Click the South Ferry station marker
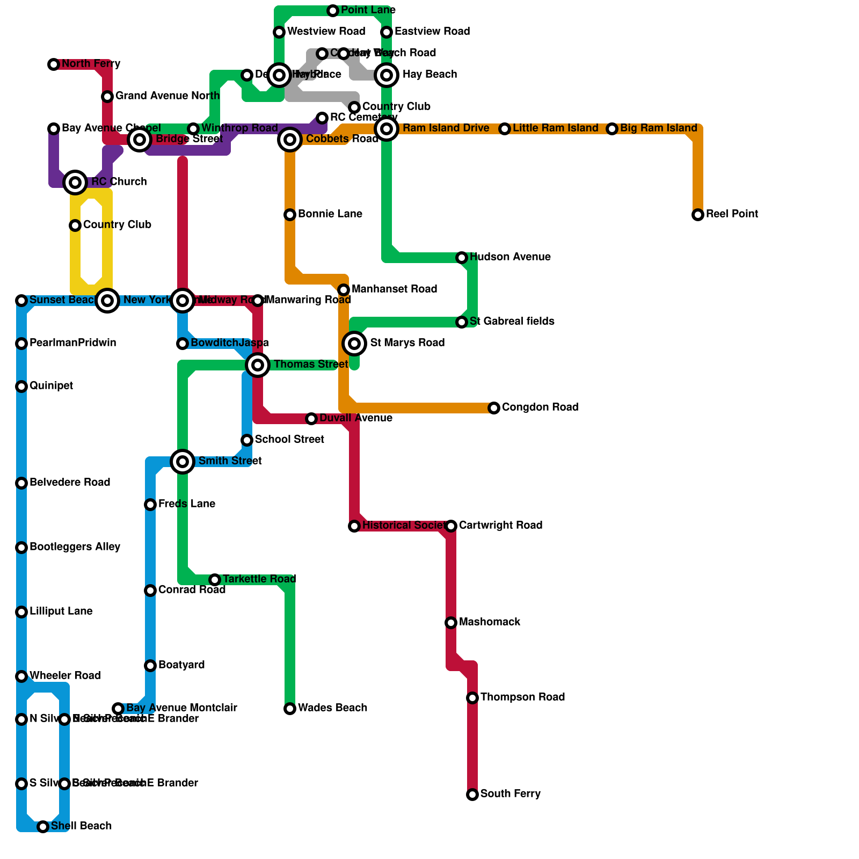pos(472,795)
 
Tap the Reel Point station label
pos(732,214)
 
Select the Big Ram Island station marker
pos(612,129)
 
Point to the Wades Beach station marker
pos(290,709)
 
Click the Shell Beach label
pos(81,826)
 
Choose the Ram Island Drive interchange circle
pos(387,129)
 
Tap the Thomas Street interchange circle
pos(258,365)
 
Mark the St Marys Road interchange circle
pos(354,344)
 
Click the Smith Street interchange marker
pos(183,462)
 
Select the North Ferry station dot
pos(54,64)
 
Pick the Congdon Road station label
pos(540,407)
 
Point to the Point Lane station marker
pos(333,11)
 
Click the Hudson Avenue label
pos(509,257)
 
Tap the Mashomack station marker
pos(451,623)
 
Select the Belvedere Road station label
pos(70,483)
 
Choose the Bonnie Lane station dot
pos(290,215)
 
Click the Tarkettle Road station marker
pos(215,580)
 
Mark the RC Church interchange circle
pos(75,183)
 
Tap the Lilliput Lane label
pos(61,612)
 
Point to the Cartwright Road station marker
pos(451,526)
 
